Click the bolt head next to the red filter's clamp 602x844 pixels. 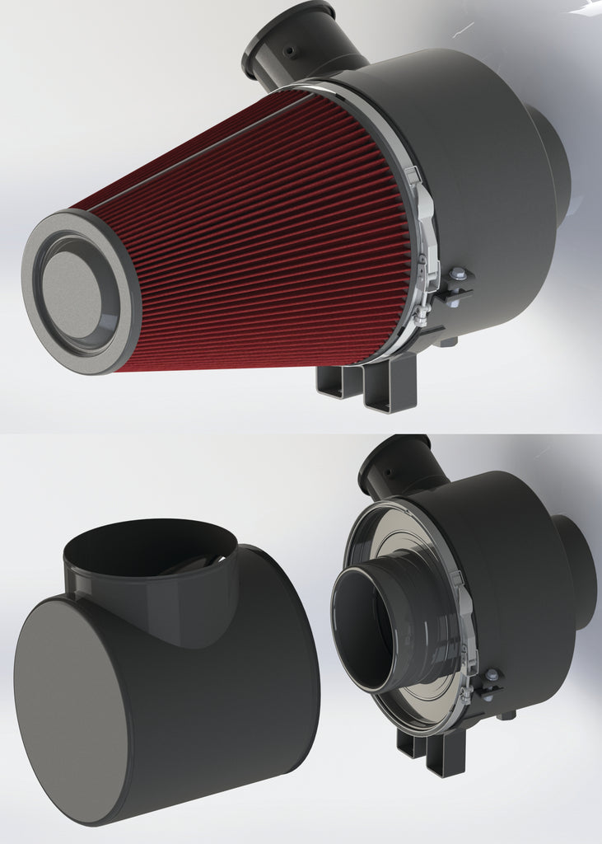pyautogui.click(x=459, y=275)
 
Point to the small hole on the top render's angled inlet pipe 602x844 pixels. pyautogui.click(x=288, y=51)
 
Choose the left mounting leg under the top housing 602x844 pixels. pyautogui.click(x=340, y=381)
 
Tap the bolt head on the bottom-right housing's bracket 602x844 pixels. pyautogui.click(x=492, y=675)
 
